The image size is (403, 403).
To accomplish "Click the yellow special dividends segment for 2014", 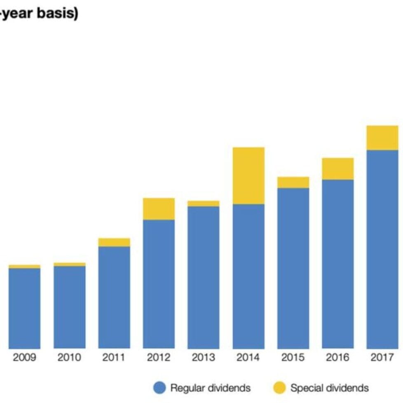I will [248, 176].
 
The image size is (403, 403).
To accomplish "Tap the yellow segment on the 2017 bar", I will [382, 138].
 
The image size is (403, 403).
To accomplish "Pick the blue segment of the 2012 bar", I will [159, 284].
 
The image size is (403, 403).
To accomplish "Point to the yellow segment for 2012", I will [159, 209].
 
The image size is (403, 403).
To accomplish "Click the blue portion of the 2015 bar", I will [293, 268].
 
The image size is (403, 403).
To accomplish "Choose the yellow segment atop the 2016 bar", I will [338, 169].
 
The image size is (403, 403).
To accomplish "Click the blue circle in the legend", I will [159, 388].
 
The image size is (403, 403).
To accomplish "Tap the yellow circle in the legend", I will [280, 388].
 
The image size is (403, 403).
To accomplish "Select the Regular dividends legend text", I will [210, 388].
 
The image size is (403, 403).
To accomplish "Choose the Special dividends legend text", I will [329, 388].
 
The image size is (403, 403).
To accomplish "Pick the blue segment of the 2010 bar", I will [69, 307].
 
